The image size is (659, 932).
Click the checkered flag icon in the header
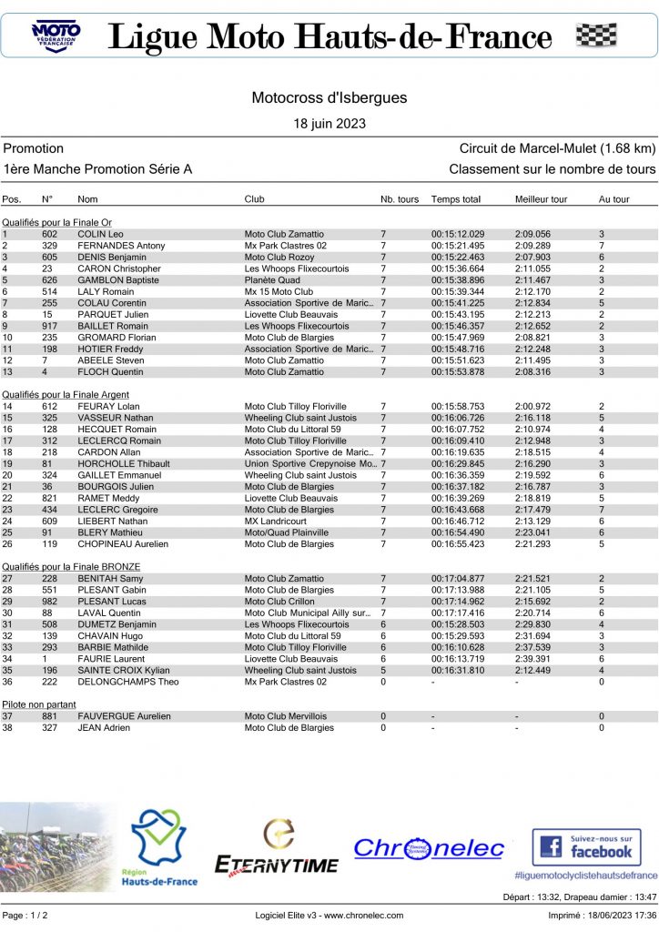pos(596,35)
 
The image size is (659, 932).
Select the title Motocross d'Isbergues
pos(329,97)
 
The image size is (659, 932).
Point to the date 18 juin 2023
pos(329,123)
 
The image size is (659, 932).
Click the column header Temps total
pos(455,198)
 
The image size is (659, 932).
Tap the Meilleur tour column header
pos(541,198)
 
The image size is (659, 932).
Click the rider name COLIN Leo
pos(100,234)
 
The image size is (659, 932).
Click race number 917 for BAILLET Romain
pos(50,326)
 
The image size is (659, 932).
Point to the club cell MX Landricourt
pos(276,521)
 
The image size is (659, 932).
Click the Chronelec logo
pos(428,848)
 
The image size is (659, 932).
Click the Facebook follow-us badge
pos(586,846)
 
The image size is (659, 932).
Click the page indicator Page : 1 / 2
pos(26,915)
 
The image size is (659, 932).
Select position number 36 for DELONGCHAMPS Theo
pos(7,682)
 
